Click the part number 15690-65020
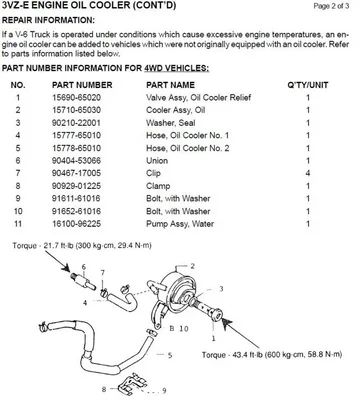(x=76, y=98)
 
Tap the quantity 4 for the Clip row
(x=308, y=173)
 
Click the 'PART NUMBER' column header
(x=82, y=85)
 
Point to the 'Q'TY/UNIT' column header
(x=308, y=85)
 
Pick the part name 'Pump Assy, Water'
(x=180, y=224)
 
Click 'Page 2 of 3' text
(x=331, y=6)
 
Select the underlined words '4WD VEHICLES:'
(x=177, y=68)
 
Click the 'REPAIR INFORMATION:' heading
(x=48, y=20)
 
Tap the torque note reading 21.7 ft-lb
(x=82, y=246)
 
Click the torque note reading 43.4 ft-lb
(x=272, y=354)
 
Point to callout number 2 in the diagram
(x=192, y=266)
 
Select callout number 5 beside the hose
(x=170, y=355)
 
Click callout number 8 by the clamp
(x=104, y=389)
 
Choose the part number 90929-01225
(x=76, y=186)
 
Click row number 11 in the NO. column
(x=18, y=224)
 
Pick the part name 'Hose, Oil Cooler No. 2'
(x=188, y=148)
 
